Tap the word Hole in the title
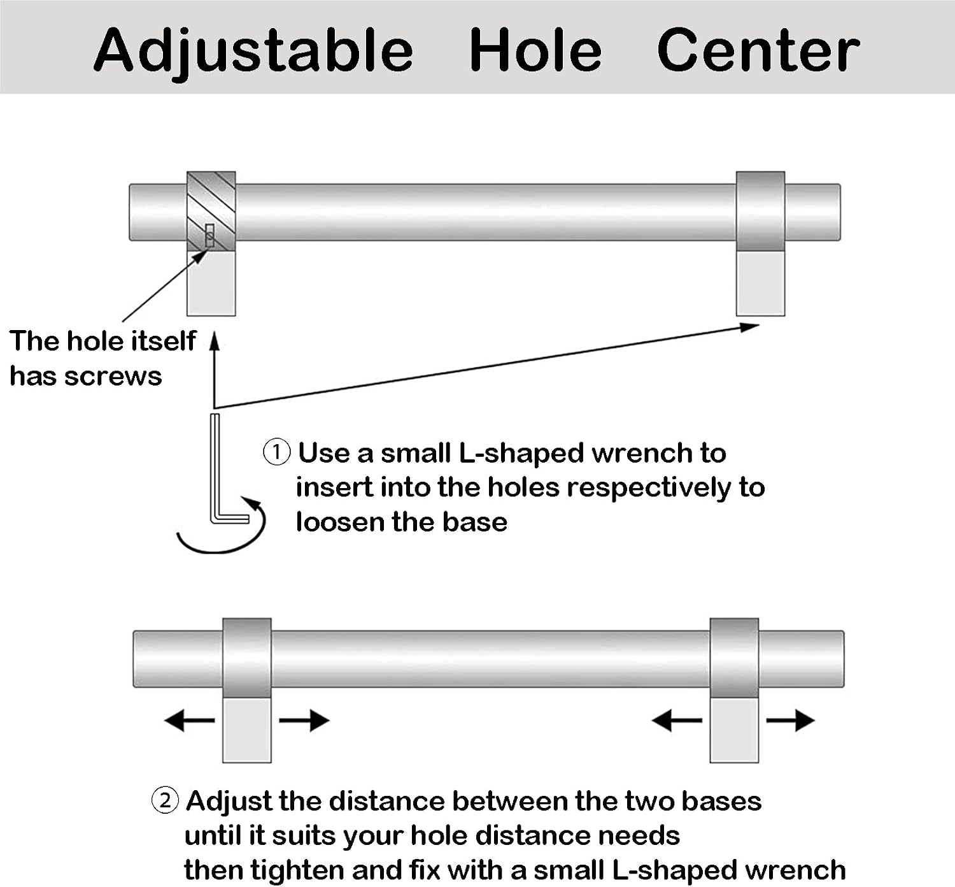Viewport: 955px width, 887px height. (x=535, y=50)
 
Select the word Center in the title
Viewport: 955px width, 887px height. (x=758, y=50)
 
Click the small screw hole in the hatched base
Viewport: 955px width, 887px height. (x=209, y=235)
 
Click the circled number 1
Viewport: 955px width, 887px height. (x=276, y=452)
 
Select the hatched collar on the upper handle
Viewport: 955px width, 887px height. (x=211, y=212)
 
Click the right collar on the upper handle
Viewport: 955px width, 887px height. (x=760, y=212)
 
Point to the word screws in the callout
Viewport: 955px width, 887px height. (x=113, y=377)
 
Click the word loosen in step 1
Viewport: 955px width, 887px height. (x=341, y=522)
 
